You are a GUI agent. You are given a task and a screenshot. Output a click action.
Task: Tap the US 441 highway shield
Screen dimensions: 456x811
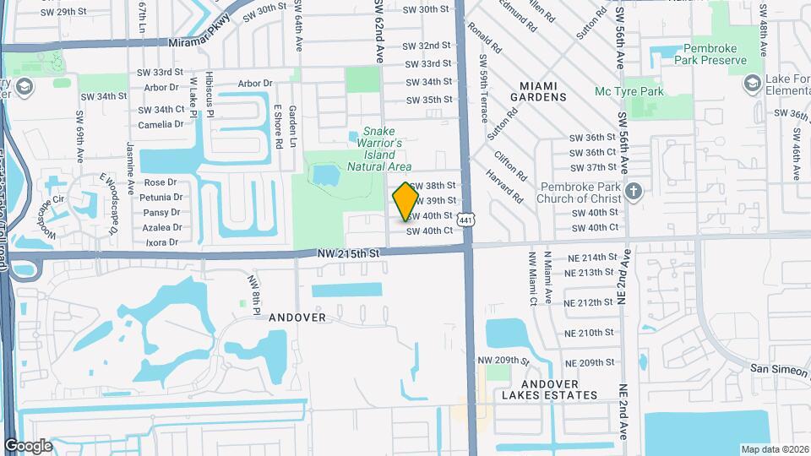(477, 220)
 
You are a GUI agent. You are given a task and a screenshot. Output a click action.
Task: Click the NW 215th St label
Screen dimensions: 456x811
(350, 252)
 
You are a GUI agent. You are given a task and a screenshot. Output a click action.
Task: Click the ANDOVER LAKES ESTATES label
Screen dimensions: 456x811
(549, 389)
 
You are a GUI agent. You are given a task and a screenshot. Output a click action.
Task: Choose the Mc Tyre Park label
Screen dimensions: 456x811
(653, 91)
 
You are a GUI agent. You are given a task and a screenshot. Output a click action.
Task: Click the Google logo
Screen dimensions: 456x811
(28, 445)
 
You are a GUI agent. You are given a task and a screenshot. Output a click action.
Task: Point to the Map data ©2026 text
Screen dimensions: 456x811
(774, 449)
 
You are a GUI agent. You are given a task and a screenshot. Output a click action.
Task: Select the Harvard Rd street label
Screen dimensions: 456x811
(504, 187)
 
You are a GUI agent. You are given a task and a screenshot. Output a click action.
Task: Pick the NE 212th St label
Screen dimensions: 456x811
(589, 302)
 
